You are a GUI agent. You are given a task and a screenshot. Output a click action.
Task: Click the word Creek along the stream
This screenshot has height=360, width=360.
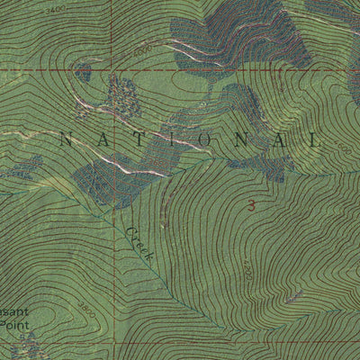pos(140,244)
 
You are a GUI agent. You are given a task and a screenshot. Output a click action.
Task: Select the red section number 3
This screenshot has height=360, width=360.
pos(252,206)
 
